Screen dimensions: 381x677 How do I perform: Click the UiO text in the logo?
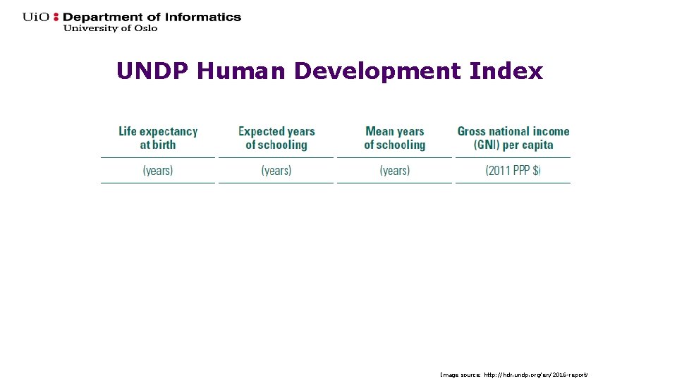click(36, 17)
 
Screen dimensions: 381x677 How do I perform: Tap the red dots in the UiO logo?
click(57, 18)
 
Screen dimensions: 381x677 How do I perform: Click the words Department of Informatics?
click(152, 17)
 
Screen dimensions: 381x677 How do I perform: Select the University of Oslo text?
click(111, 28)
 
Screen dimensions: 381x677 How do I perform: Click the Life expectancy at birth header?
click(158, 138)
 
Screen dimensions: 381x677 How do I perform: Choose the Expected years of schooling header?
click(276, 138)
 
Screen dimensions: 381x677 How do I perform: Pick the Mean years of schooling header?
click(395, 138)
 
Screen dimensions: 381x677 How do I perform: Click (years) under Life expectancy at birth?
click(158, 170)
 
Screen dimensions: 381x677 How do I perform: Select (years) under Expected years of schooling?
click(276, 170)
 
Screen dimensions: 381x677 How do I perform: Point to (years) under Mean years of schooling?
click(395, 170)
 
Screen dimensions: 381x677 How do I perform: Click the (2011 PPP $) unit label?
click(513, 170)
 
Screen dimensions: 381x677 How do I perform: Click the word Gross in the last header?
click(472, 131)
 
